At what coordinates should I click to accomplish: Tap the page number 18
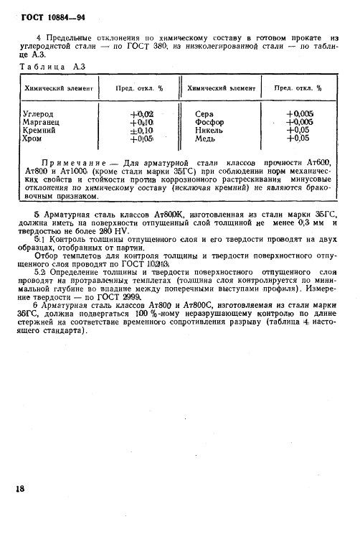tap(19, 488)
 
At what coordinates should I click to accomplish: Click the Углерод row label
tap(40, 113)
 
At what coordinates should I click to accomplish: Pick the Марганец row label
tap(42, 121)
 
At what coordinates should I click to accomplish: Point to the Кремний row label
tap(42, 130)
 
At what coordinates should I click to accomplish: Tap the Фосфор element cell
tap(209, 121)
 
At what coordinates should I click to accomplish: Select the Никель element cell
tap(209, 130)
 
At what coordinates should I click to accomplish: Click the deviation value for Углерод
tap(141, 113)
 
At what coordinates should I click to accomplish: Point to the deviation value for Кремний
tap(141, 130)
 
